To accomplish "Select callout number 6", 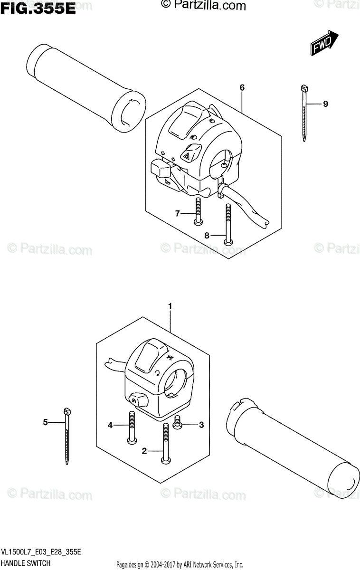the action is [x=242, y=87].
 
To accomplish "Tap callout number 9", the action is [x=325, y=104].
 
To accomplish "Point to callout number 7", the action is [x=178, y=214].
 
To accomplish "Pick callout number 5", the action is [x=45, y=421].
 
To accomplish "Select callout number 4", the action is [x=110, y=425].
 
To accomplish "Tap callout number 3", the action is [x=201, y=425].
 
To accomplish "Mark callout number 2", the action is [x=144, y=451].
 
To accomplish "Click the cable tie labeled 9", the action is [x=303, y=112].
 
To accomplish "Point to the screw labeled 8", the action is [x=228, y=223].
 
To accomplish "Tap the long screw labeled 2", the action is [x=165, y=442].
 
